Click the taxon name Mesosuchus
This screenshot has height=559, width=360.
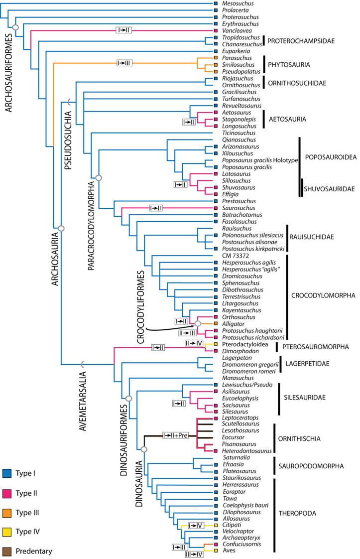(x=238, y=3)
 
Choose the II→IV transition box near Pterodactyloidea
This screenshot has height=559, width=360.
(x=194, y=344)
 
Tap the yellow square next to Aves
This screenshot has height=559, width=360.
(x=216, y=551)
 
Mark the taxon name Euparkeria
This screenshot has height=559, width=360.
(x=237, y=51)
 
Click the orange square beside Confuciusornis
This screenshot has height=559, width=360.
(x=216, y=545)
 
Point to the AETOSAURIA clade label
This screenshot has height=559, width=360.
(x=291, y=120)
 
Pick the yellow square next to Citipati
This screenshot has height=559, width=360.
(x=216, y=525)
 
